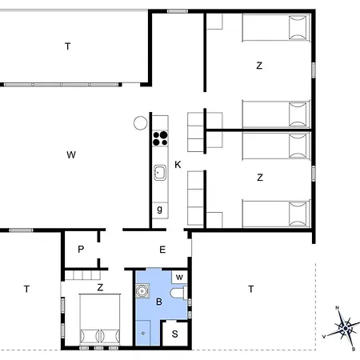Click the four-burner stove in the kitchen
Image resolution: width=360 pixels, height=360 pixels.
coord(160,138)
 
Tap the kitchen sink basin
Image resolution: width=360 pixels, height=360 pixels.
coord(160,173)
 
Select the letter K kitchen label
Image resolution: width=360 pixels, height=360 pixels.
coord(178,165)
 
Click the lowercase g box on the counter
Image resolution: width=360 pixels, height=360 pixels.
coord(160,210)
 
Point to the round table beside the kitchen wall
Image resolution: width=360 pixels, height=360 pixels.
coord(140,123)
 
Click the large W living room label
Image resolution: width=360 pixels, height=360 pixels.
coord(71,154)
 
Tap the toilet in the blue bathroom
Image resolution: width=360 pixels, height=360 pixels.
coord(178,293)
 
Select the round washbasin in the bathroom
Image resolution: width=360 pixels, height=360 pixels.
coord(142,290)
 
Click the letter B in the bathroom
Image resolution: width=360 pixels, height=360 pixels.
coord(159,302)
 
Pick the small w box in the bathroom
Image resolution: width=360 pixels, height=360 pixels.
coord(179,278)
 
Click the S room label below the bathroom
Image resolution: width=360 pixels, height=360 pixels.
coord(175,334)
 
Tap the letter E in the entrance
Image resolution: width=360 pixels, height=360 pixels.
coord(162,250)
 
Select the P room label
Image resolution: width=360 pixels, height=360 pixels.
coord(81,249)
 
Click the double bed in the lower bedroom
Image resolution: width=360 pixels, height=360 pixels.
coord(100,319)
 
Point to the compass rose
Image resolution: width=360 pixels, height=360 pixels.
coord(346,328)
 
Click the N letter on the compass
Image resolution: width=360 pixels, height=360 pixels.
coord(337,308)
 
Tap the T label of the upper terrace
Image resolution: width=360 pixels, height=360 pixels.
coord(68,46)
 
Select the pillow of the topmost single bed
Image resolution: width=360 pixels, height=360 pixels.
coord(298,28)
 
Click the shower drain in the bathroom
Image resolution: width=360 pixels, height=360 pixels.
coord(143,334)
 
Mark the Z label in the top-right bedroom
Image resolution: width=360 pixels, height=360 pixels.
coord(259,66)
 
